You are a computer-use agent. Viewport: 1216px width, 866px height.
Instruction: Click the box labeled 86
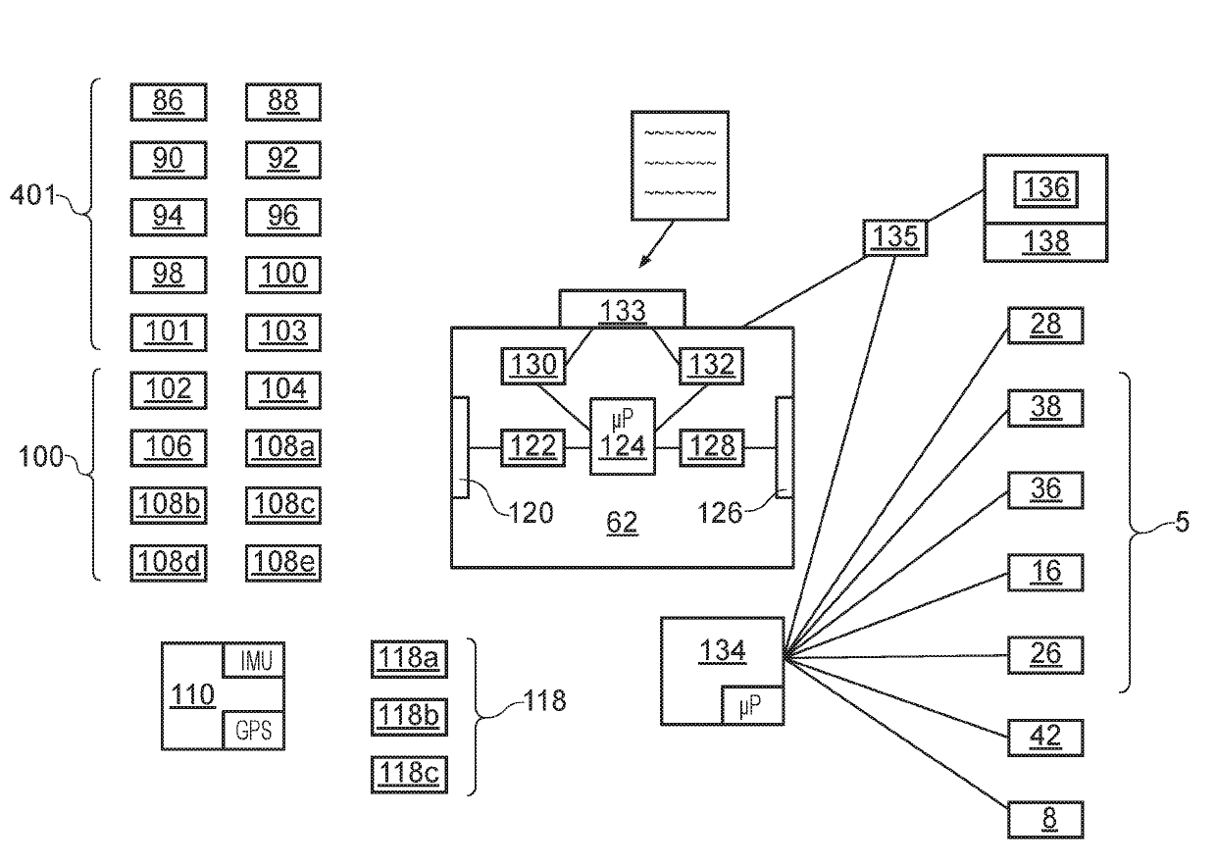[x=169, y=102]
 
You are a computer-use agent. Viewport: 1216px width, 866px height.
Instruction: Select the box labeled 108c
[x=283, y=505]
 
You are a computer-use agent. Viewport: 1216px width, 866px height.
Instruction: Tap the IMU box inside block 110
[x=254, y=660]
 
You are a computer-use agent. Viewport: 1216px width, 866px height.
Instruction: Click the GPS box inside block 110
[x=254, y=731]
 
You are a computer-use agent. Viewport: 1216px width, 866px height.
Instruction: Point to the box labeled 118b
[x=409, y=717]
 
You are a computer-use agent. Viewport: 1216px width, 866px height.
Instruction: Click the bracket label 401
[x=32, y=194]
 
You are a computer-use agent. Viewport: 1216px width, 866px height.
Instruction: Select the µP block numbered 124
[x=623, y=436]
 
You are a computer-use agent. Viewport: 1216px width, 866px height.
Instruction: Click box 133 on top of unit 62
[x=623, y=308]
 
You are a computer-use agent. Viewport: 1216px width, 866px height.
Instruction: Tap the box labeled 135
[x=895, y=237]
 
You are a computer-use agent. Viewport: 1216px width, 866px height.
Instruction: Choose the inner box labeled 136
[x=1045, y=189]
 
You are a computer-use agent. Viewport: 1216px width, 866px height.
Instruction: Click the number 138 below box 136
[x=1045, y=241]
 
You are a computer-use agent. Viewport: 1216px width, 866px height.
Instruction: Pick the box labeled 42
[x=1045, y=738]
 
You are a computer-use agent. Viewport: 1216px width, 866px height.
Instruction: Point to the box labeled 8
[x=1045, y=820]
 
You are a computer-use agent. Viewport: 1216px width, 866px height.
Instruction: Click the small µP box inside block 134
[x=752, y=706]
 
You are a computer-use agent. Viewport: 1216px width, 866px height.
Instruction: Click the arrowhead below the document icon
[x=644, y=261]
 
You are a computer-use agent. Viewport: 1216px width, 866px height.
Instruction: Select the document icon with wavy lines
[x=680, y=166]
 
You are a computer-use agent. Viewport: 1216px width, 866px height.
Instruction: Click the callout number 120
[x=531, y=513]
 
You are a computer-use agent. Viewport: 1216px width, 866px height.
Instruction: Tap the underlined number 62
[x=622, y=523]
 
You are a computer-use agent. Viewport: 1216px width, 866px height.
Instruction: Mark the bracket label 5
[x=1183, y=522]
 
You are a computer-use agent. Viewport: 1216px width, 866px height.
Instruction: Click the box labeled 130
[x=533, y=366]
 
